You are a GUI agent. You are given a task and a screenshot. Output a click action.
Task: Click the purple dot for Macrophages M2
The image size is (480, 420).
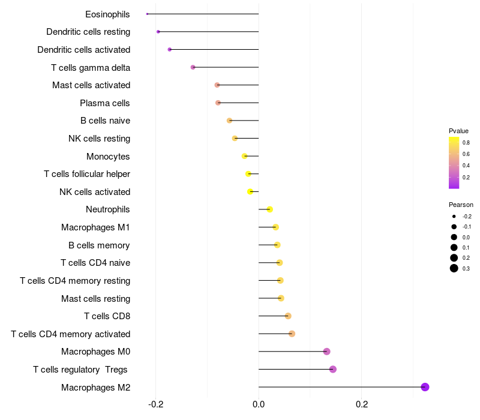425,387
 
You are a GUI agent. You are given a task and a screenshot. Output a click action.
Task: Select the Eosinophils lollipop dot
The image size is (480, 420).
147,14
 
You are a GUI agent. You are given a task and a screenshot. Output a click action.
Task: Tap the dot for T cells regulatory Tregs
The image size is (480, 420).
333,369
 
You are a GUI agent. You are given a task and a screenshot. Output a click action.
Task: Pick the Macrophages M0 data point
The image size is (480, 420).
326,352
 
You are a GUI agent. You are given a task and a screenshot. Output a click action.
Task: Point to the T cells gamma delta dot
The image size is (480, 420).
193,67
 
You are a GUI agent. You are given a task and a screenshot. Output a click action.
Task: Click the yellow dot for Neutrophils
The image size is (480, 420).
270,209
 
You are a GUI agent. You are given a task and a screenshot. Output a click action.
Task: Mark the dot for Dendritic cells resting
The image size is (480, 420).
158,32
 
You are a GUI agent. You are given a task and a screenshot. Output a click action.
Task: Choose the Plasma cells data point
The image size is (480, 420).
218,103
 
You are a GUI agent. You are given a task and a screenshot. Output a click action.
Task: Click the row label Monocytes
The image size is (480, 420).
108,157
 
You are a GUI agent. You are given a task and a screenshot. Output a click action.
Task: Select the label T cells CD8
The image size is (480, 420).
107,316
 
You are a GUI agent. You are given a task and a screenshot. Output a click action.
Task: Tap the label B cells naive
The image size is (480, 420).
105,121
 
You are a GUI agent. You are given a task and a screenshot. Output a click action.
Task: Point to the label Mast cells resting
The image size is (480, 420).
95,298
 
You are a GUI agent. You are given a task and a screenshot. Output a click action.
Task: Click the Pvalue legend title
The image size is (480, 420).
458,131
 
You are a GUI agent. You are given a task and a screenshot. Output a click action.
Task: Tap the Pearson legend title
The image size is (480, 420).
461,205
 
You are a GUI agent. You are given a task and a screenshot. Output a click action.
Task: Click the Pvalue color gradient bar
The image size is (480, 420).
454,163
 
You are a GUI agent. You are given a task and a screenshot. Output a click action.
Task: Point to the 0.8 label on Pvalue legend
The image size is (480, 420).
466,143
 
